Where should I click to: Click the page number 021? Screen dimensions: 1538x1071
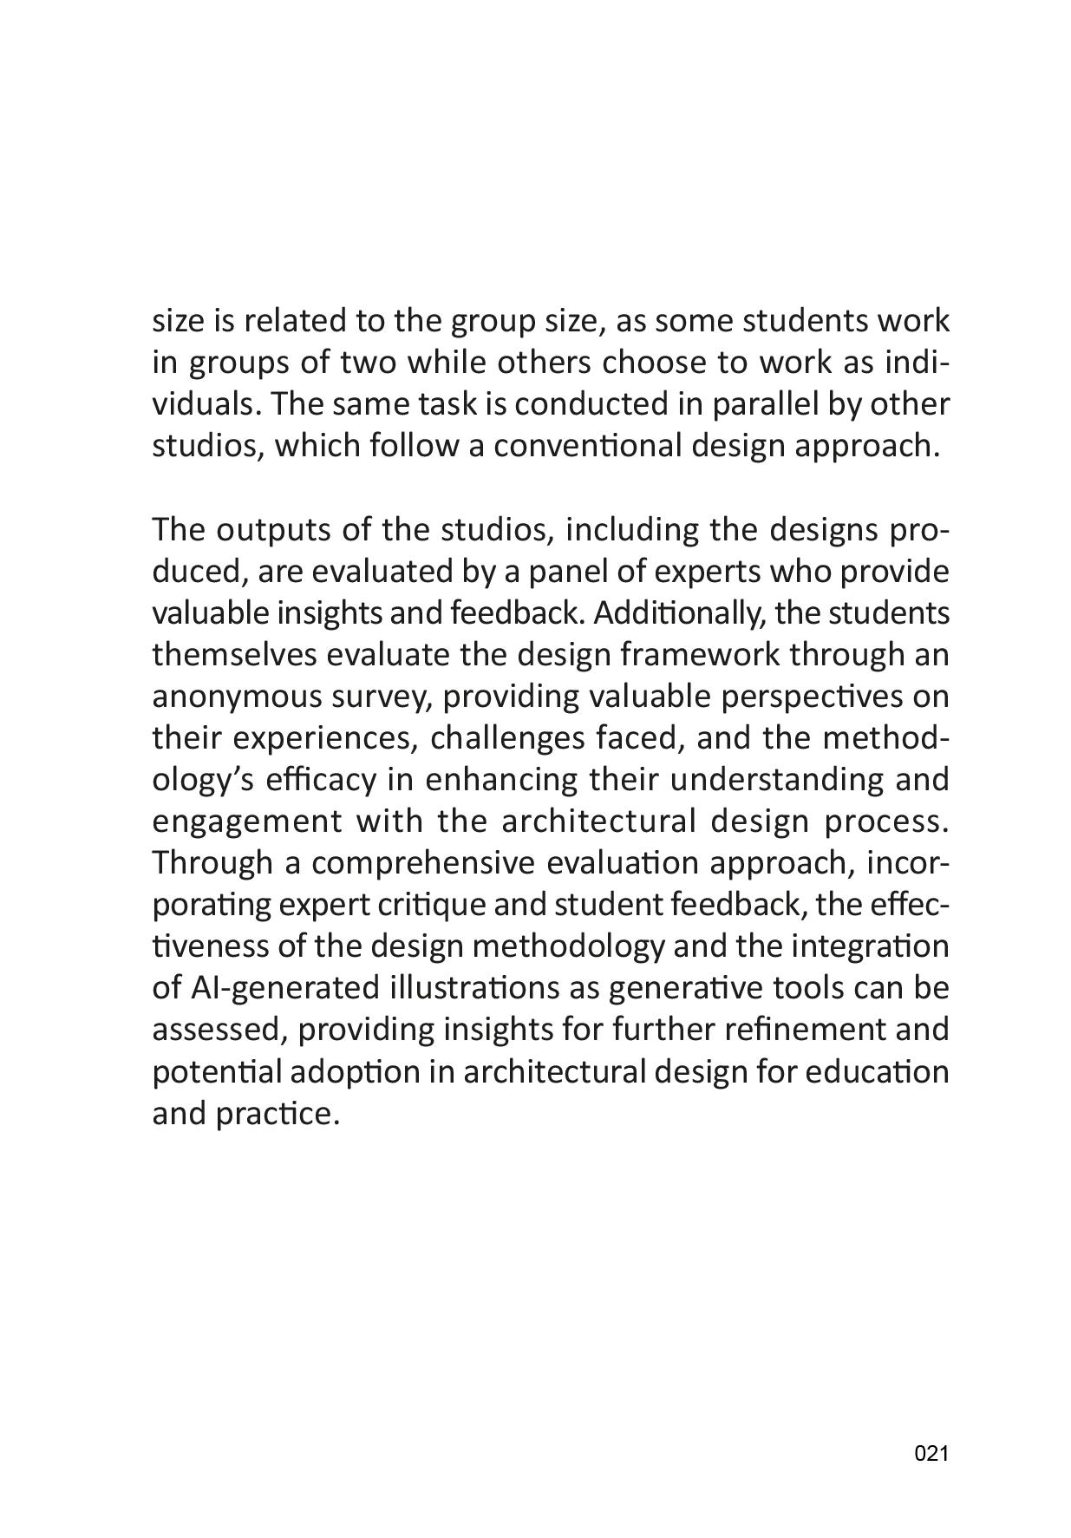pos(931,1455)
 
